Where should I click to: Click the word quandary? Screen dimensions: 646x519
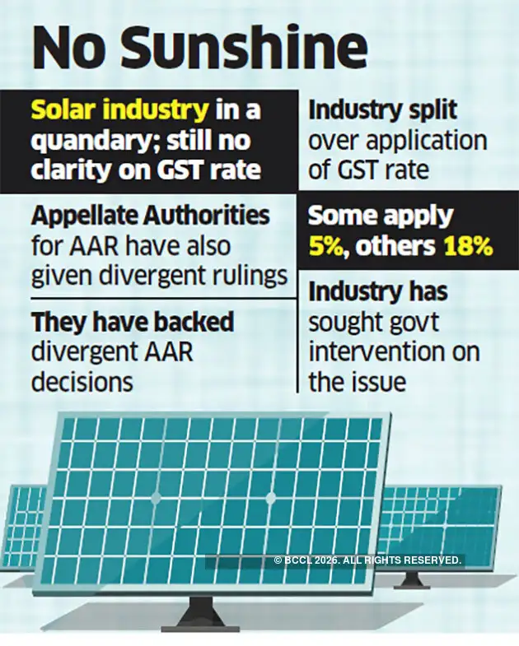click(x=96, y=139)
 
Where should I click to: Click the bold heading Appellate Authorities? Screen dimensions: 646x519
click(x=151, y=216)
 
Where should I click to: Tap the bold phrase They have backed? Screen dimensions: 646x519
click(x=133, y=323)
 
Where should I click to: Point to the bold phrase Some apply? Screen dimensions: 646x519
click(x=380, y=216)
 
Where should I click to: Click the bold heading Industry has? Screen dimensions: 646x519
click(x=377, y=291)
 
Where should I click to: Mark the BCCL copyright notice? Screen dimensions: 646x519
click(x=367, y=560)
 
